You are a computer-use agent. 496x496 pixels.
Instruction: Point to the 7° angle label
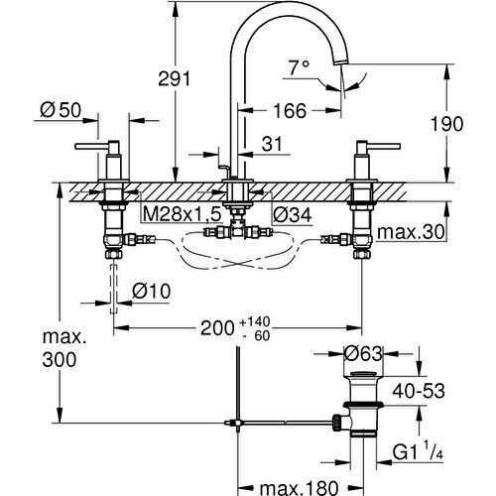click(300, 68)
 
